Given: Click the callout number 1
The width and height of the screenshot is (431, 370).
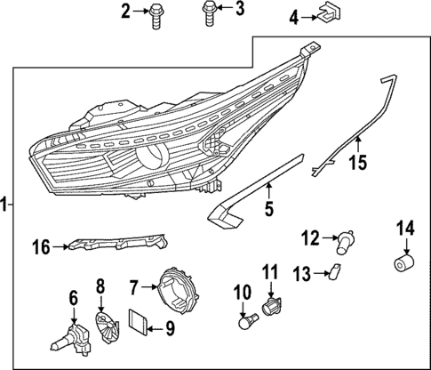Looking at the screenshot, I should tap(5, 205).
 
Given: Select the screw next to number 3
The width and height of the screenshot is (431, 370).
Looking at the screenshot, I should tap(210, 13).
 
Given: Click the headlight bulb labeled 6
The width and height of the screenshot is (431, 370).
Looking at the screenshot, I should tap(71, 334).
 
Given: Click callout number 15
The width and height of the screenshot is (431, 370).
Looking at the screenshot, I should tap(356, 163).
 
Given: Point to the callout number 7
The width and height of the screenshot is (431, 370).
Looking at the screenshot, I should tap(134, 287).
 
